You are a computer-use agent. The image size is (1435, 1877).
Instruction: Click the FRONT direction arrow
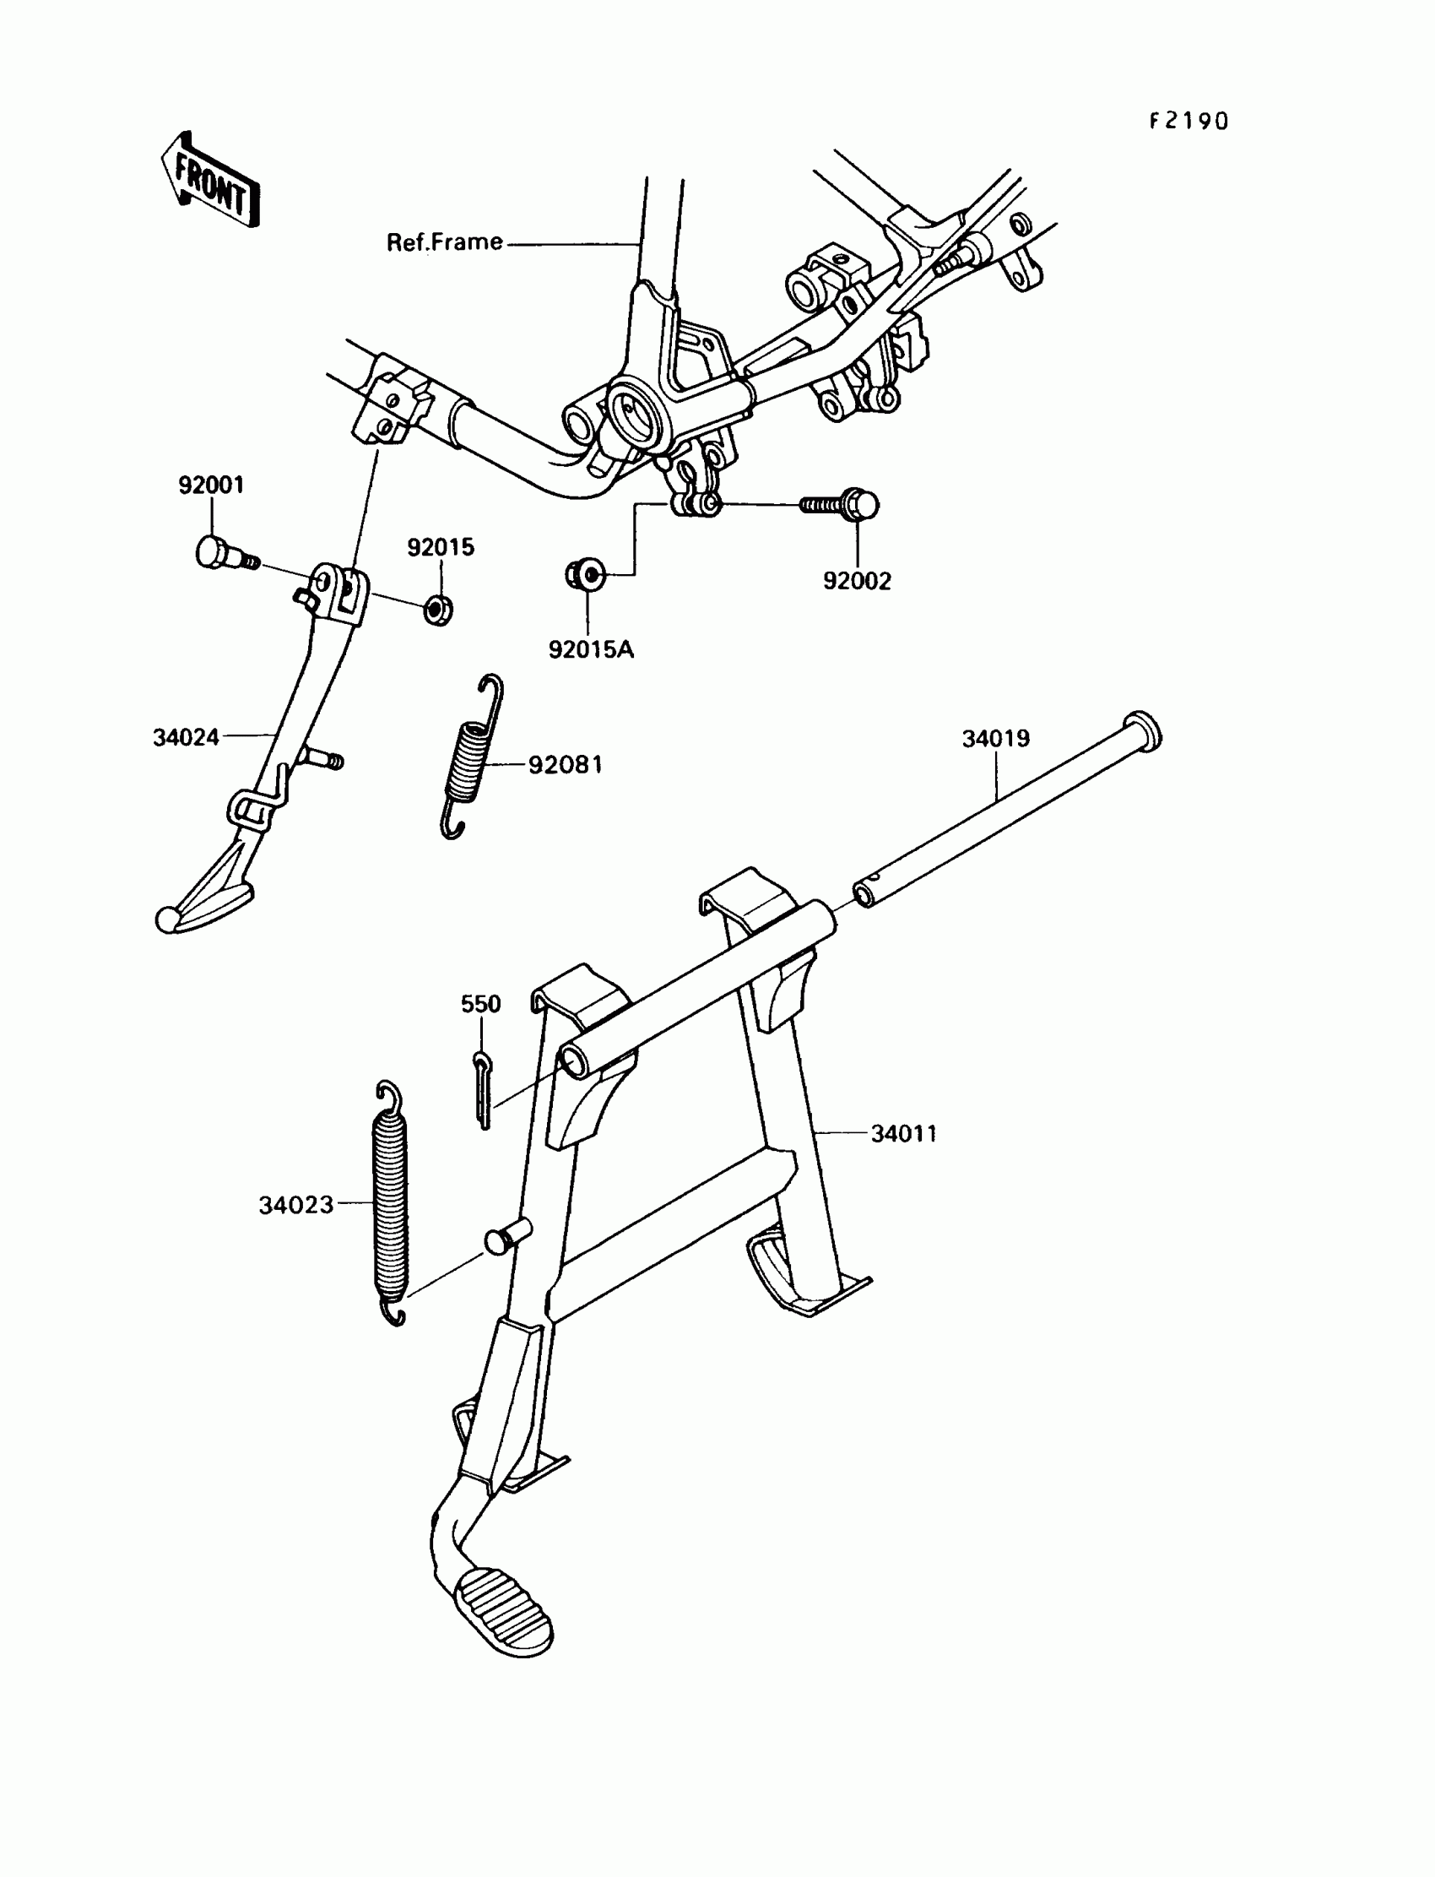(210, 182)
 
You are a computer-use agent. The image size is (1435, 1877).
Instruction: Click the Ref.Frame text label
(444, 242)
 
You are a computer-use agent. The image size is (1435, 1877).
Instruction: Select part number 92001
(211, 486)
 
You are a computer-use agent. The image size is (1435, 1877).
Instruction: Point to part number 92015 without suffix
(440, 548)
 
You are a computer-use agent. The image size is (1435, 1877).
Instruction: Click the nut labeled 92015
(439, 610)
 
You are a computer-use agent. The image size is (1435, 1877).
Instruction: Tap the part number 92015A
(591, 650)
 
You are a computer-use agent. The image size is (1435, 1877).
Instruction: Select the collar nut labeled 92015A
(586, 573)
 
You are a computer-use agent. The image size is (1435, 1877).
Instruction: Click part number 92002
(857, 581)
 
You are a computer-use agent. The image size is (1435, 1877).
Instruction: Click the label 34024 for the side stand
(187, 737)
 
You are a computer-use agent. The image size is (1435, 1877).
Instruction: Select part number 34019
(996, 738)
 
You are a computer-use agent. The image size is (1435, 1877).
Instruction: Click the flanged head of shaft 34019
(1141, 730)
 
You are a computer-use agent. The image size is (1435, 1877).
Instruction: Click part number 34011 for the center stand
(904, 1134)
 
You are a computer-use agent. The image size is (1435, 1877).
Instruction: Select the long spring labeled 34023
(391, 1205)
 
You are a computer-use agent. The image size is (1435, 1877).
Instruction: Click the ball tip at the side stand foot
(167, 920)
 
